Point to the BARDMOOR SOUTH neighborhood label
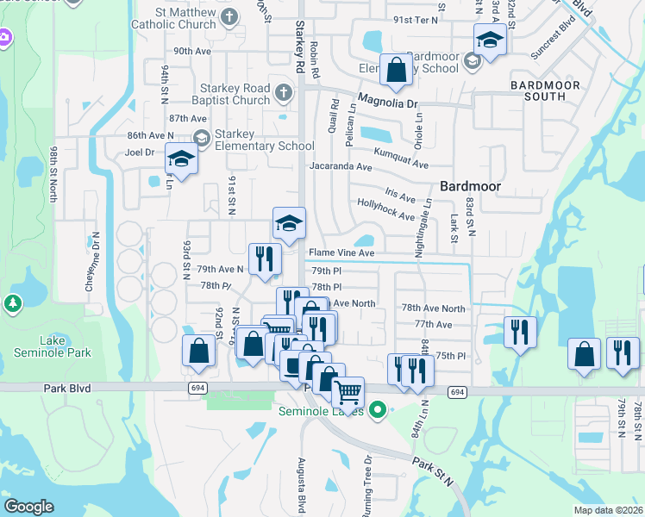coord(549,90)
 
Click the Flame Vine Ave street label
coord(341,253)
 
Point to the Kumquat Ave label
coord(400,162)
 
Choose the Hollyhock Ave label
coord(385,209)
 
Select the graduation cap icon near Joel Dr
coord(181,160)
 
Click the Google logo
coord(29,506)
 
